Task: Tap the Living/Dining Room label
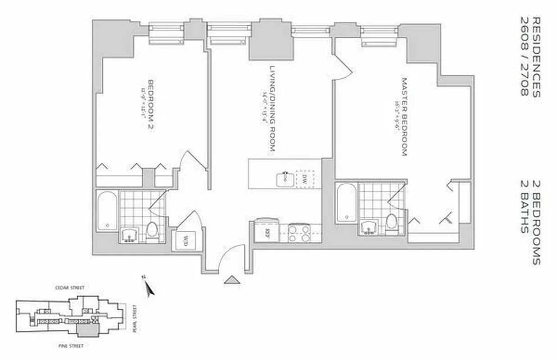pos(272,108)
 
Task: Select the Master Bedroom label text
pos(404,117)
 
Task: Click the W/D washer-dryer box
pos(185,242)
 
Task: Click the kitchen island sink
pos(285,179)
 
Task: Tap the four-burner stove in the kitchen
pos(299,234)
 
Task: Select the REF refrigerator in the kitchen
pos(267,233)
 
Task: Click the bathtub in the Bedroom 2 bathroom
pos(107,211)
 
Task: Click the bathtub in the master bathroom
pos(347,202)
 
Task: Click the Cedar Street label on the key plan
pos(69,288)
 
